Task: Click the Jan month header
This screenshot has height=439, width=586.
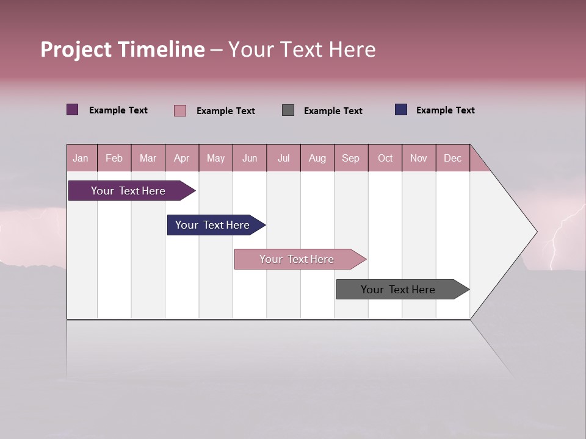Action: [81, 159]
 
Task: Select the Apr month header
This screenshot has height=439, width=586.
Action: [181, 159]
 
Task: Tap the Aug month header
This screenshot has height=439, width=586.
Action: [317, 159]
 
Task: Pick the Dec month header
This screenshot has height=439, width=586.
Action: [452, 159]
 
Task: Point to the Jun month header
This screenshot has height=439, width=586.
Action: [249, 159]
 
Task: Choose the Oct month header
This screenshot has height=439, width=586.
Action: [385, 159]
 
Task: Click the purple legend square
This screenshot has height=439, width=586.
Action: [73, 110]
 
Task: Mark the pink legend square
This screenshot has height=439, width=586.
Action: [180, 110]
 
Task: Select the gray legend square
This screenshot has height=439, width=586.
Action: [288, 110]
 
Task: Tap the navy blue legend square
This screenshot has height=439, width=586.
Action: [401, 110]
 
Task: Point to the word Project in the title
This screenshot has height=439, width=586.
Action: [76, 49]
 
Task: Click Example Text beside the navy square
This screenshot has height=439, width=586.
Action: [445, 110]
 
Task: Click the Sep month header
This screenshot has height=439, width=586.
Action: [350, 159]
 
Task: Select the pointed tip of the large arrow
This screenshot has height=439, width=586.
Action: [535, 232]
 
